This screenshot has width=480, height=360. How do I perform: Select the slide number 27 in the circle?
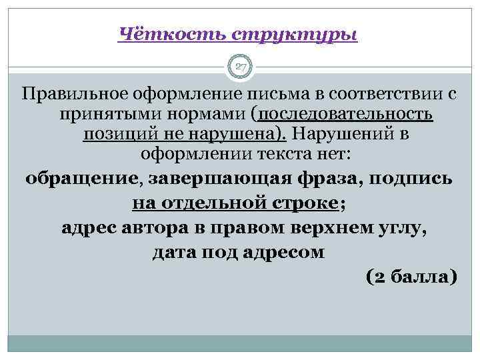pos(240,66)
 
